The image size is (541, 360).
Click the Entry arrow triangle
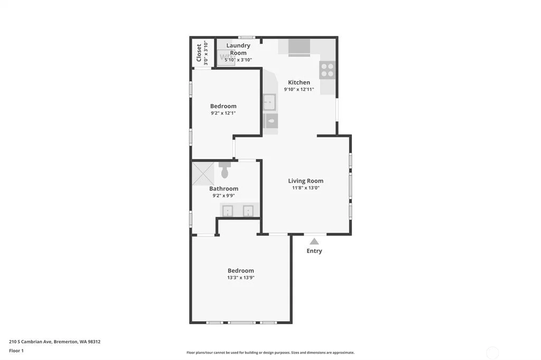pyautogui.click(x=314, y=241)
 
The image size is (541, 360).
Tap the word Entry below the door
pyautogui.click(x=314, y=251)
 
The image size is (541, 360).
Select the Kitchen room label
pyautogui.click(x=299, y=82)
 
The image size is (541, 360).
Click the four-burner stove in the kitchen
pyautogui.click(x=327, y=70)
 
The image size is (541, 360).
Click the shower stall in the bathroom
pyautogui.click(x=203, y=174)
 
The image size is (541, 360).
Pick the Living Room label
pyautogui.click(x=306, y=181)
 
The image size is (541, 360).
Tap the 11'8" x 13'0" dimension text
pyautogui.click(x=306, y=188)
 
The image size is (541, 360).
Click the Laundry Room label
pyautogui.click(x=238, y=49)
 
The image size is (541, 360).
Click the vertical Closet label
pyautogui.click(x=199, y=53)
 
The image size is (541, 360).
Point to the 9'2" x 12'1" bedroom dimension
pyautogui.click(x=223, y=113)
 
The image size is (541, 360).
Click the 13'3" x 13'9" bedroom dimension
pyautogui.click(x=241, y=278)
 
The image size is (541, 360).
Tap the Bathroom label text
pyautogui.click(x=223, y=188)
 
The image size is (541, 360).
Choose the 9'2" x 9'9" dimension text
pyautogui.click(x=223, y=196)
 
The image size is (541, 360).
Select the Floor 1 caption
pyautogui.click(x=16, y=350)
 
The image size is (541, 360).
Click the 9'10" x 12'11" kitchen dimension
pyautogui.click(x=299, y=89)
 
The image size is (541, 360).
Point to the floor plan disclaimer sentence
pyautogui.click(x=270, y=353)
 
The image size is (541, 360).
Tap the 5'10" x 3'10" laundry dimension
pyautogui.click(x=238, y=60)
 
